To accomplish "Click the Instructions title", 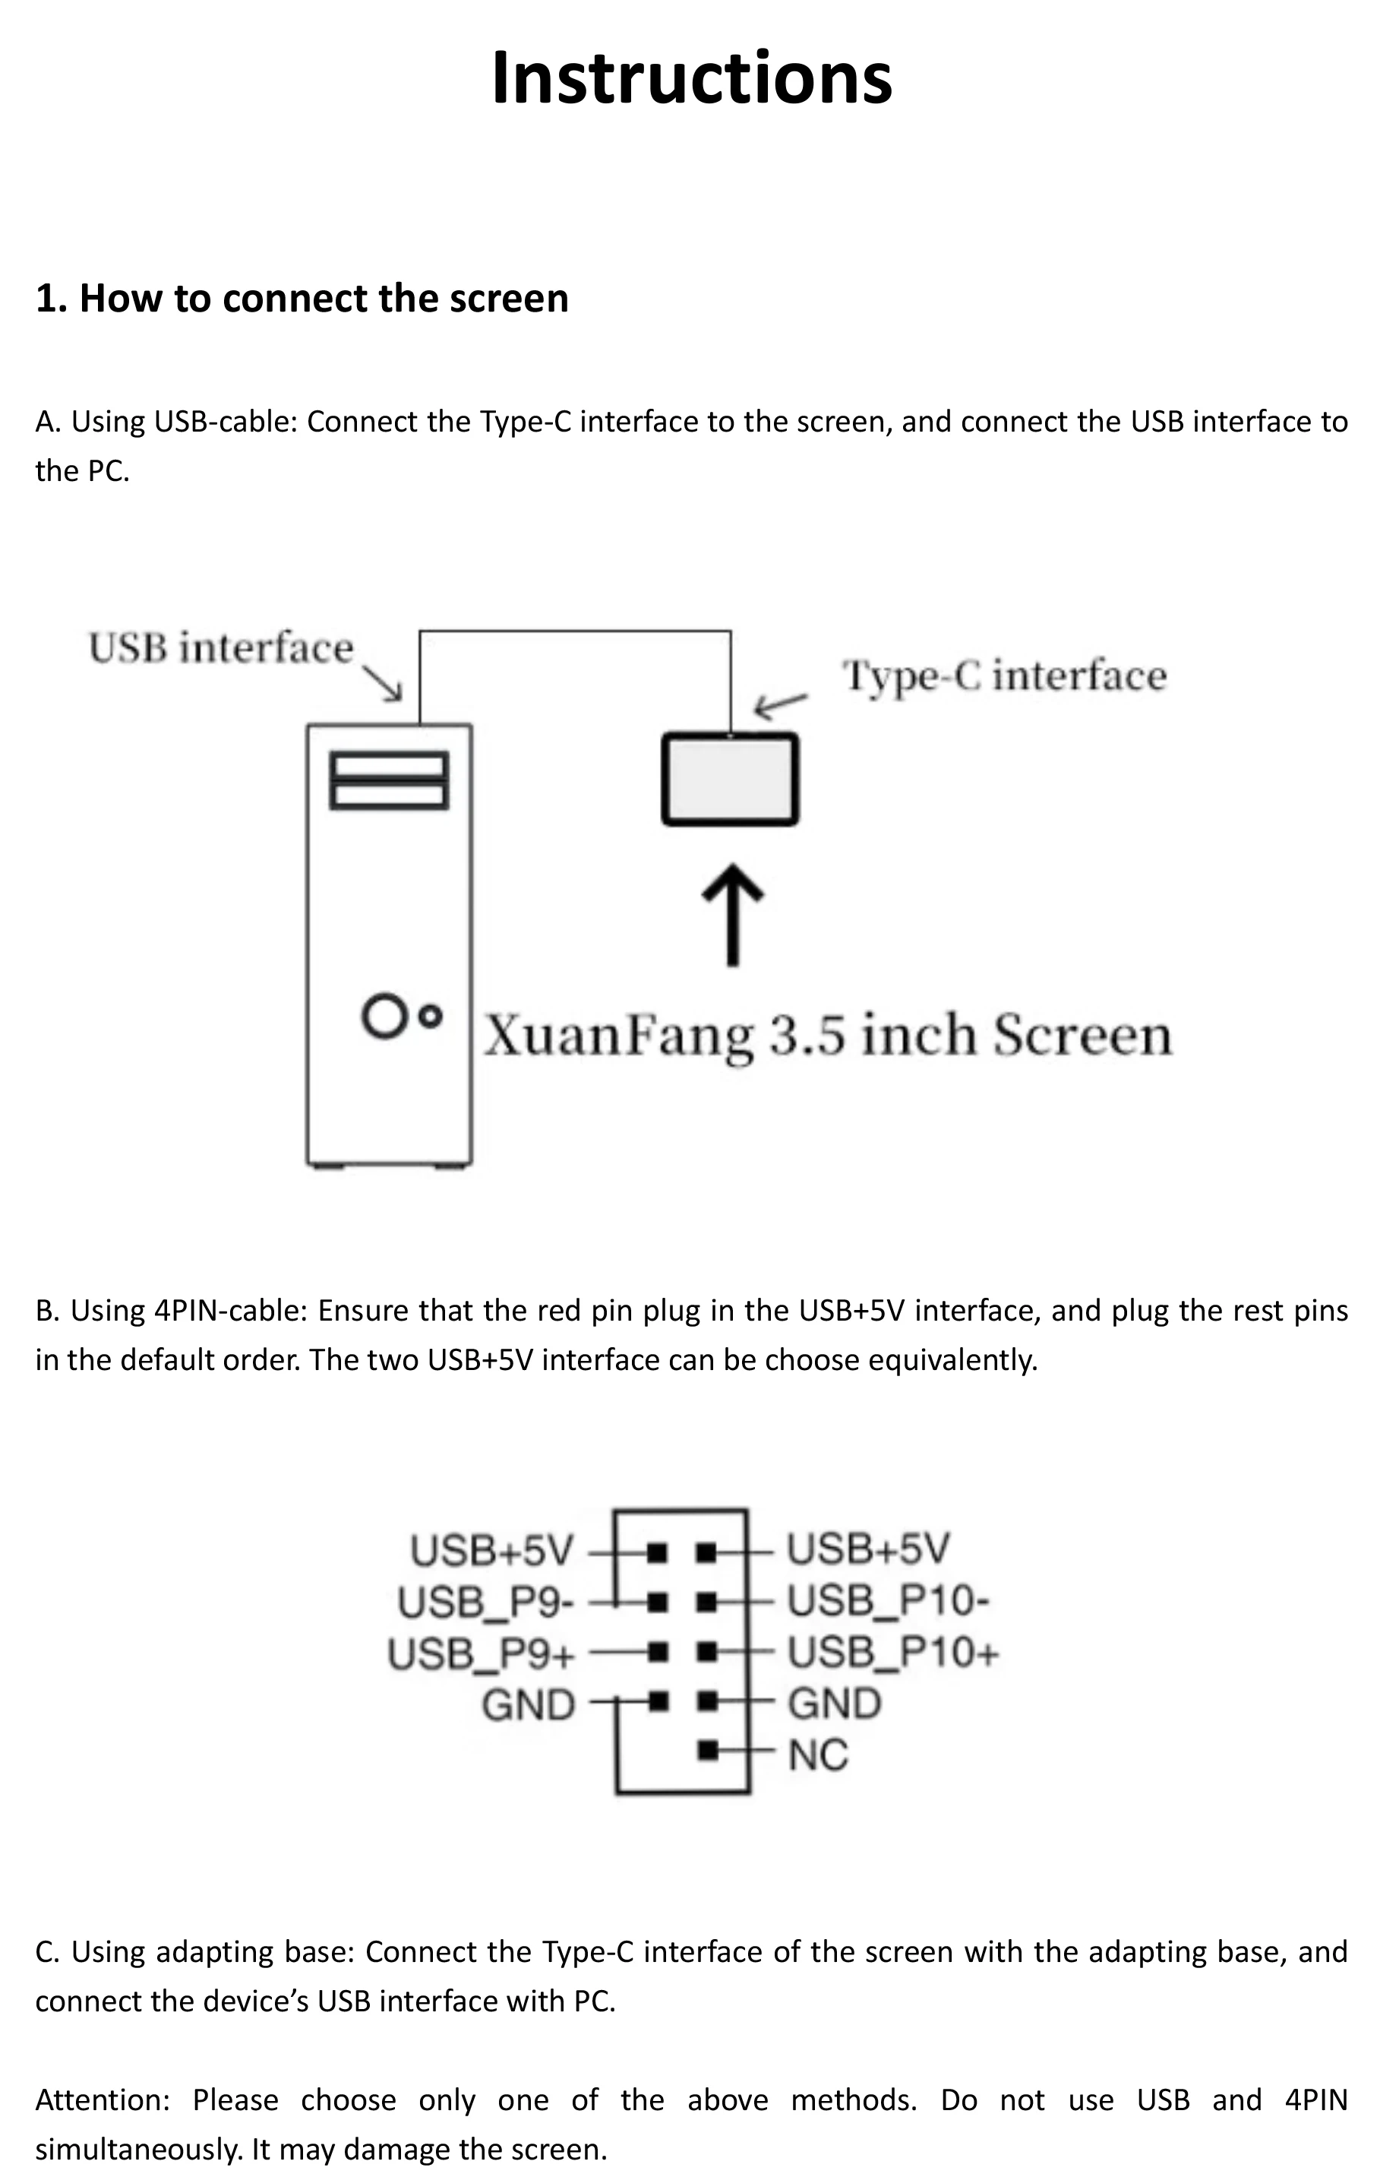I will click(691, 78).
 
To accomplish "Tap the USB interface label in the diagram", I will click(221, 648).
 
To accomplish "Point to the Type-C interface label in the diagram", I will click(1005, 676).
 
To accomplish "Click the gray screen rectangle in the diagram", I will click(731, 779).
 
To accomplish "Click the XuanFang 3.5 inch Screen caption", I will click(828, 1035).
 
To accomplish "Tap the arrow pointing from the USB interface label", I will click(384, 683).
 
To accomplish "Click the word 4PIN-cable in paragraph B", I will click(231, 1310).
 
